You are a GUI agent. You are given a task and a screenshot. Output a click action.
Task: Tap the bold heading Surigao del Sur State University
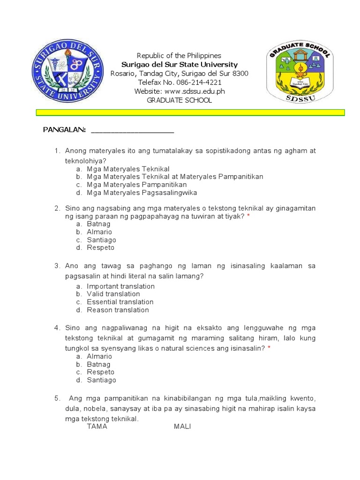[x=180, y=65]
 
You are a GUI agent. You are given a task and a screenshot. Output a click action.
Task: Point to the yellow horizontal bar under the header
[x=191, y=112]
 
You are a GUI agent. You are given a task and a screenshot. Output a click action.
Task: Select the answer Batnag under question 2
[x=98, y=224]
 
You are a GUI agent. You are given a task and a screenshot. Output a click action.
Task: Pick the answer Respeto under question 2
[x=100, y=247]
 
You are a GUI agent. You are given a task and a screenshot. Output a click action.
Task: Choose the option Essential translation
[x=120, y=302]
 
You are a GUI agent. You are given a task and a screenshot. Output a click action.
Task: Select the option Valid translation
[x=113, y=294]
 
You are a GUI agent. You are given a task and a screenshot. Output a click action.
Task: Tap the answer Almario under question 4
[x=99, y=356]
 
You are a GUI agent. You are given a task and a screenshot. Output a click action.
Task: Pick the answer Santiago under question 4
[x=101, y=380]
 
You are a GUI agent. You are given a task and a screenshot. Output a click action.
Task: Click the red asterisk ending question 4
[x=269, y=348]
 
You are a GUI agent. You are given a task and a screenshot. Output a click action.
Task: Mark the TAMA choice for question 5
[x=97, y=427]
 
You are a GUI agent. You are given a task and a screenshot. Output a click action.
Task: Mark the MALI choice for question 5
[x=182, y=427]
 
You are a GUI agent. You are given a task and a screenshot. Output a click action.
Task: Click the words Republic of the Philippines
[x=179, y=56]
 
